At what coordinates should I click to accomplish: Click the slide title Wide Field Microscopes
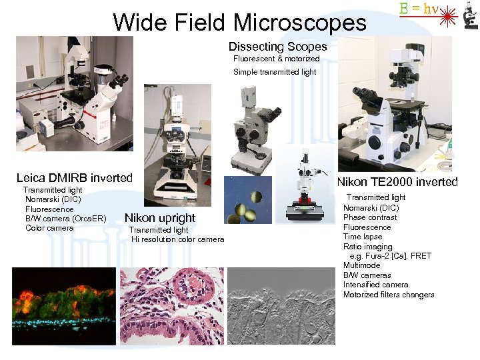click(x=239, y=23)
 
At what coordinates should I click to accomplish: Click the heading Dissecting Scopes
click(x=277, y=47)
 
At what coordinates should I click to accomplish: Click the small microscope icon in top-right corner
click(x=469, y=15)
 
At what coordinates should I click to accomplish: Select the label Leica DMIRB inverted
click(x=74, y=178)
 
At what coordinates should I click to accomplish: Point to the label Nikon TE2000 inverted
click(x=397, y=182)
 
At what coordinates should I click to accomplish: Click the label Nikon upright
click(x=160, y=218)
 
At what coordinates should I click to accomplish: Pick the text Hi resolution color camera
click(x=177, y=239)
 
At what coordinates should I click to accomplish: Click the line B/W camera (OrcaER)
click(x=65, y=219)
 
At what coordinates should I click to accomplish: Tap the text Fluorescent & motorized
click(x=276, y=59)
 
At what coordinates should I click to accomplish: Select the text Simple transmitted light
click(x=275, y=72)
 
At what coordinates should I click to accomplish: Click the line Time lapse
click(x=363, y=237)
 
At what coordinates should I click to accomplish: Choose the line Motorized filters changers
click(x=388, y=295)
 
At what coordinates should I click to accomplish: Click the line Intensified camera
click(x=375, y=285)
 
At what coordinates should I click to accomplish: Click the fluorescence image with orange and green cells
click(x=64, y=305)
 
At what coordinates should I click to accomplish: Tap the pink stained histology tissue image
click(x=172, y=306)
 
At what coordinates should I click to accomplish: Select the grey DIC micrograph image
click(x=281, y=306)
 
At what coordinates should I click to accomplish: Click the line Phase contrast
click(x=369, y=217)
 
